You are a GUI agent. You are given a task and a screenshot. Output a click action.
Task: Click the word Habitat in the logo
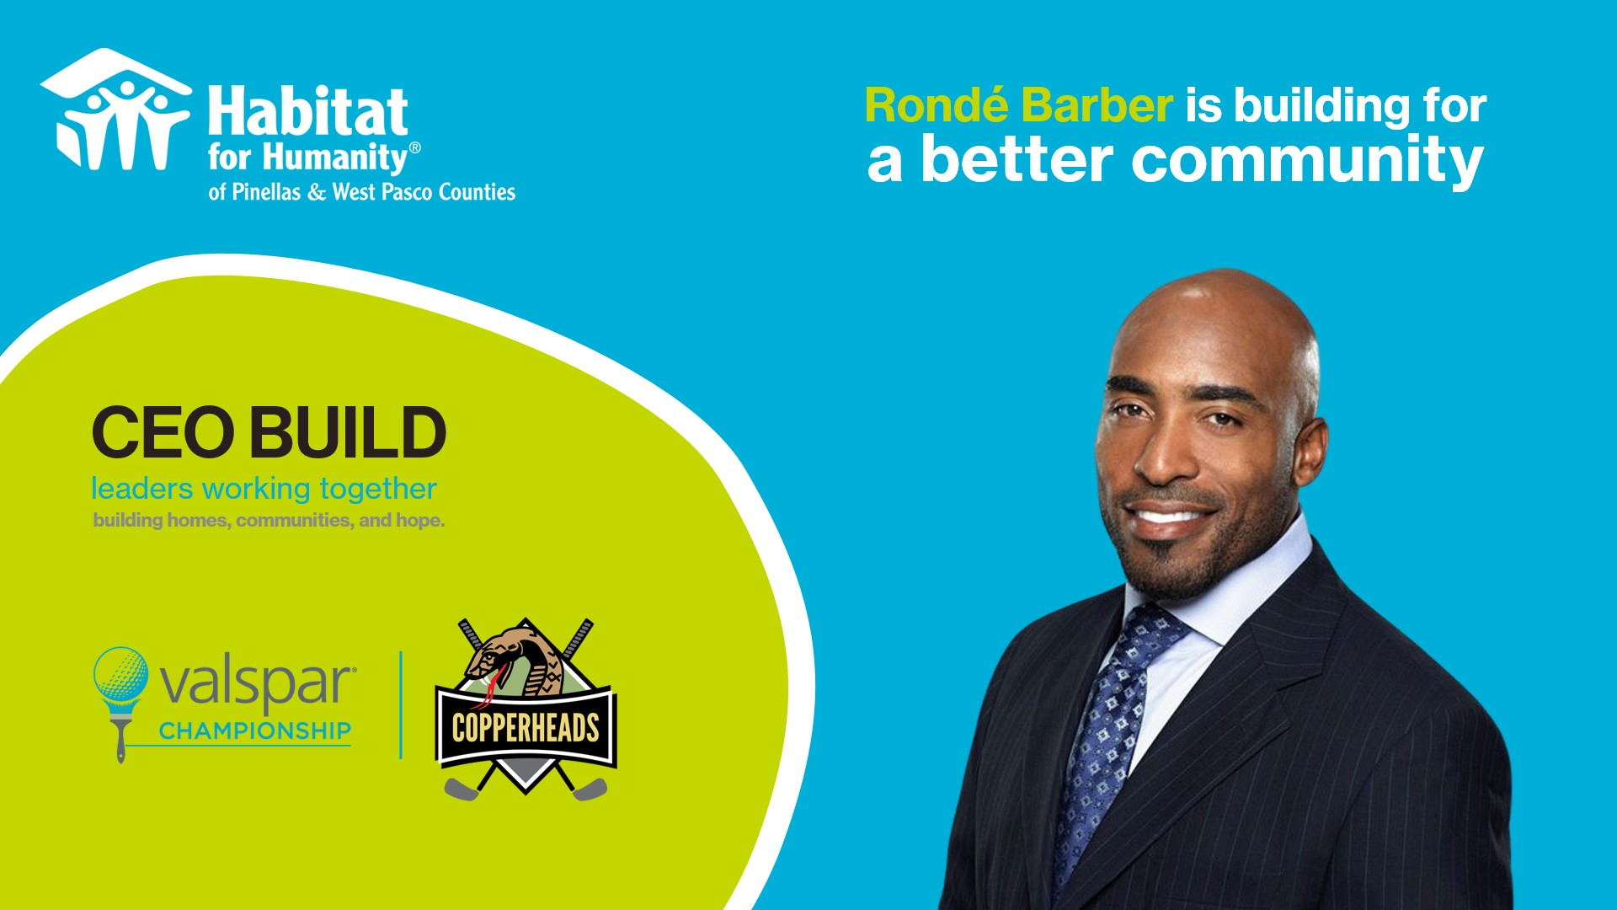pos(308,112)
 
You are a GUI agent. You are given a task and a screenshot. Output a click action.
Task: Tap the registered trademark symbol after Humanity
pos(414,147)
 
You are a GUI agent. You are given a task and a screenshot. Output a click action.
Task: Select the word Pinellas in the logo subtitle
pos(266,192)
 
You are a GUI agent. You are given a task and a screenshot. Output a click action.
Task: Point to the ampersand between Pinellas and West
pos(317,193)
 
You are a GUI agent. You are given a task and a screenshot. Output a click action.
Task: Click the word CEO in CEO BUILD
pos(163,432)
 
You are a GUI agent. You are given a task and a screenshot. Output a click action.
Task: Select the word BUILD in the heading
pos(347,432)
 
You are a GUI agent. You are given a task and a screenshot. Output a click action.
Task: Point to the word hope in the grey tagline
pos(419,521)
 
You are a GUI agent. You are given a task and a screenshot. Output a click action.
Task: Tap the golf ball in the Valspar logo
pos(120,674)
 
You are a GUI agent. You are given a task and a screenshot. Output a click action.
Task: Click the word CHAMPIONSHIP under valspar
pos(254,731)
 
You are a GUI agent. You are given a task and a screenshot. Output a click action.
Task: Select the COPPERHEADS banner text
pos(526,728)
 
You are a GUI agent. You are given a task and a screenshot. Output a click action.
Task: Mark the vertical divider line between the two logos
pos(401,705)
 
